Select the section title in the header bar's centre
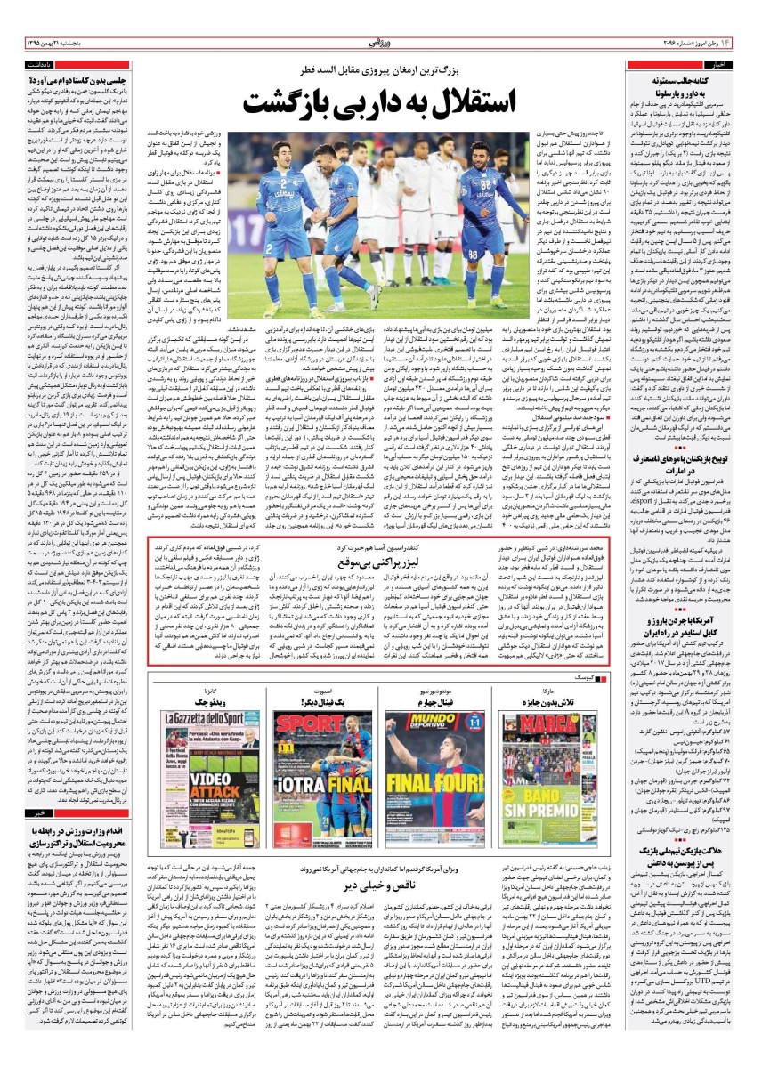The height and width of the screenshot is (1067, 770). coord(385,42)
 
